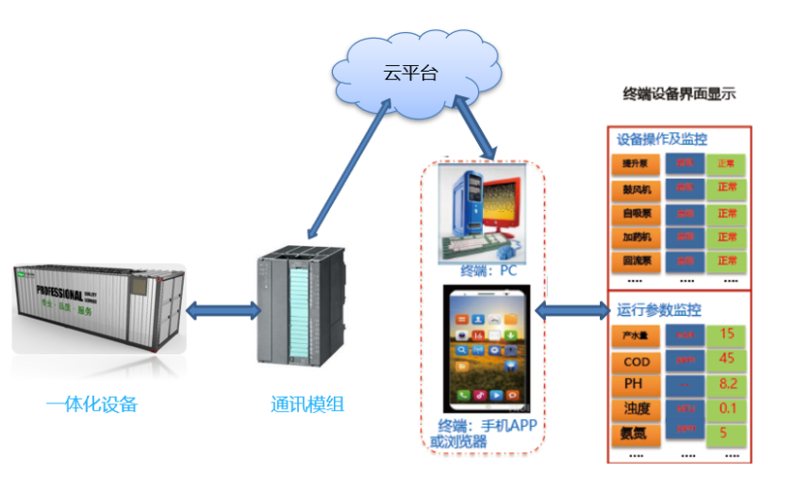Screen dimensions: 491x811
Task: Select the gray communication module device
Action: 302,311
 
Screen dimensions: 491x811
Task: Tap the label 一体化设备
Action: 91,404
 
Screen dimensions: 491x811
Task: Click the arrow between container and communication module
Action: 222,308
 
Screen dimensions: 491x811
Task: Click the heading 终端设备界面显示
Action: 679,93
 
